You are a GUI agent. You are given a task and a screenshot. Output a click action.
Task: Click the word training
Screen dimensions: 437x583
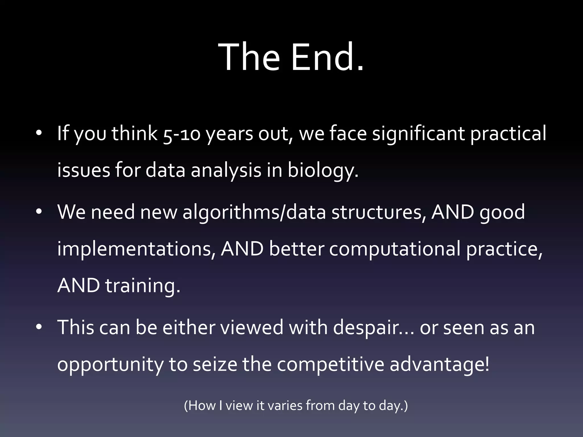tap(143, 286)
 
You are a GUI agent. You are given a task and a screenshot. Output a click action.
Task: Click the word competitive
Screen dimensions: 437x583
tap(330, 364)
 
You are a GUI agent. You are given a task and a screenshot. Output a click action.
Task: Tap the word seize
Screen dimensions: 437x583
tap(215, 364)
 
